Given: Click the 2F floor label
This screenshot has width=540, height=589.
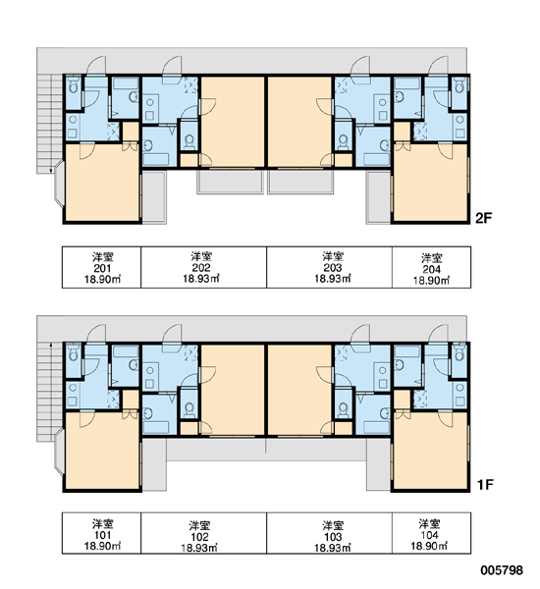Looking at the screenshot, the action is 484,218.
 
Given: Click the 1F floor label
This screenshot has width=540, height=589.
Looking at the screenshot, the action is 485,485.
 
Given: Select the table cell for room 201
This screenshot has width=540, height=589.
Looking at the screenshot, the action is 101,267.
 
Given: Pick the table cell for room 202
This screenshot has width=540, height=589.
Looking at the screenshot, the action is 203,267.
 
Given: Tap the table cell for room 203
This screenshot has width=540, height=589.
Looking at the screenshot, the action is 330,267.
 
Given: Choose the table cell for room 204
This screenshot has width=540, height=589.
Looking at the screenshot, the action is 431,267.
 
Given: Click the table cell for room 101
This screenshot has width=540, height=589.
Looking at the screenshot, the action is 101,533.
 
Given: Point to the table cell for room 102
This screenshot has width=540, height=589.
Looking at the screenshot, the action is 203,533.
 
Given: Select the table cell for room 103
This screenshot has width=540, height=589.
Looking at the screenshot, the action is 330,533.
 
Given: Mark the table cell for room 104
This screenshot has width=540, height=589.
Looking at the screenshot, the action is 431,533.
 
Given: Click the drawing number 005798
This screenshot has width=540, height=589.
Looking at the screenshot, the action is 502,570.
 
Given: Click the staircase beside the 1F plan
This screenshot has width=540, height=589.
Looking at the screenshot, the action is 49,392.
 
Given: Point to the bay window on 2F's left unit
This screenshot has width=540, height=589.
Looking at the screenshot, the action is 59,184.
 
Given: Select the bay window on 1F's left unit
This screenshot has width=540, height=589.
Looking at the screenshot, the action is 59,452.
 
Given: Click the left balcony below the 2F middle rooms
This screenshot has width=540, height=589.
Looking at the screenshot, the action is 230,182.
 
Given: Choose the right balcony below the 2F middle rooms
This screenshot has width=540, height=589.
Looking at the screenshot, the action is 300,182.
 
